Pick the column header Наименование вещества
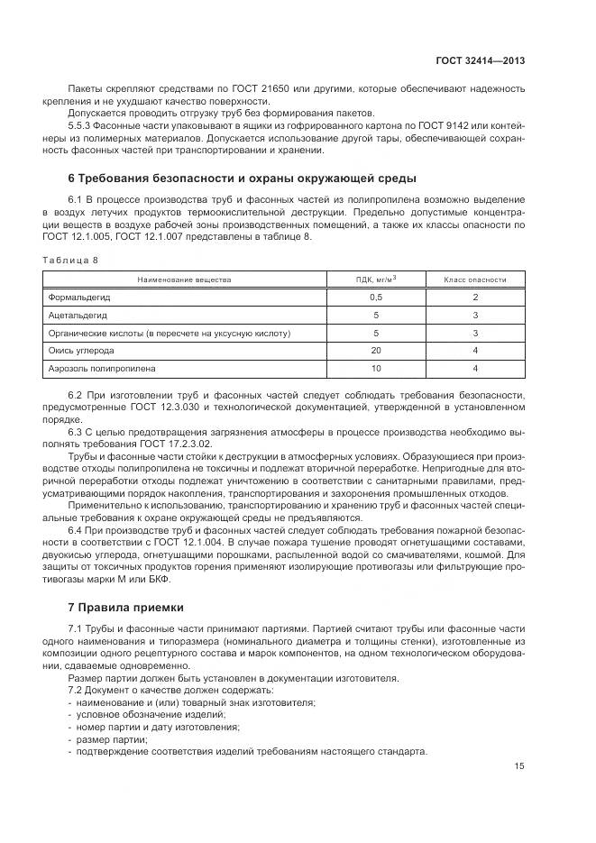[x=184, y=279]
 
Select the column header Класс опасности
[x=475, y=279]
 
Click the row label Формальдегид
[x=79, y=297]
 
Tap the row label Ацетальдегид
[x=78, y=316]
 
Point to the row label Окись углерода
[x=81, y=351]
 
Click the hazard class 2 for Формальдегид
[x=475, y=297]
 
